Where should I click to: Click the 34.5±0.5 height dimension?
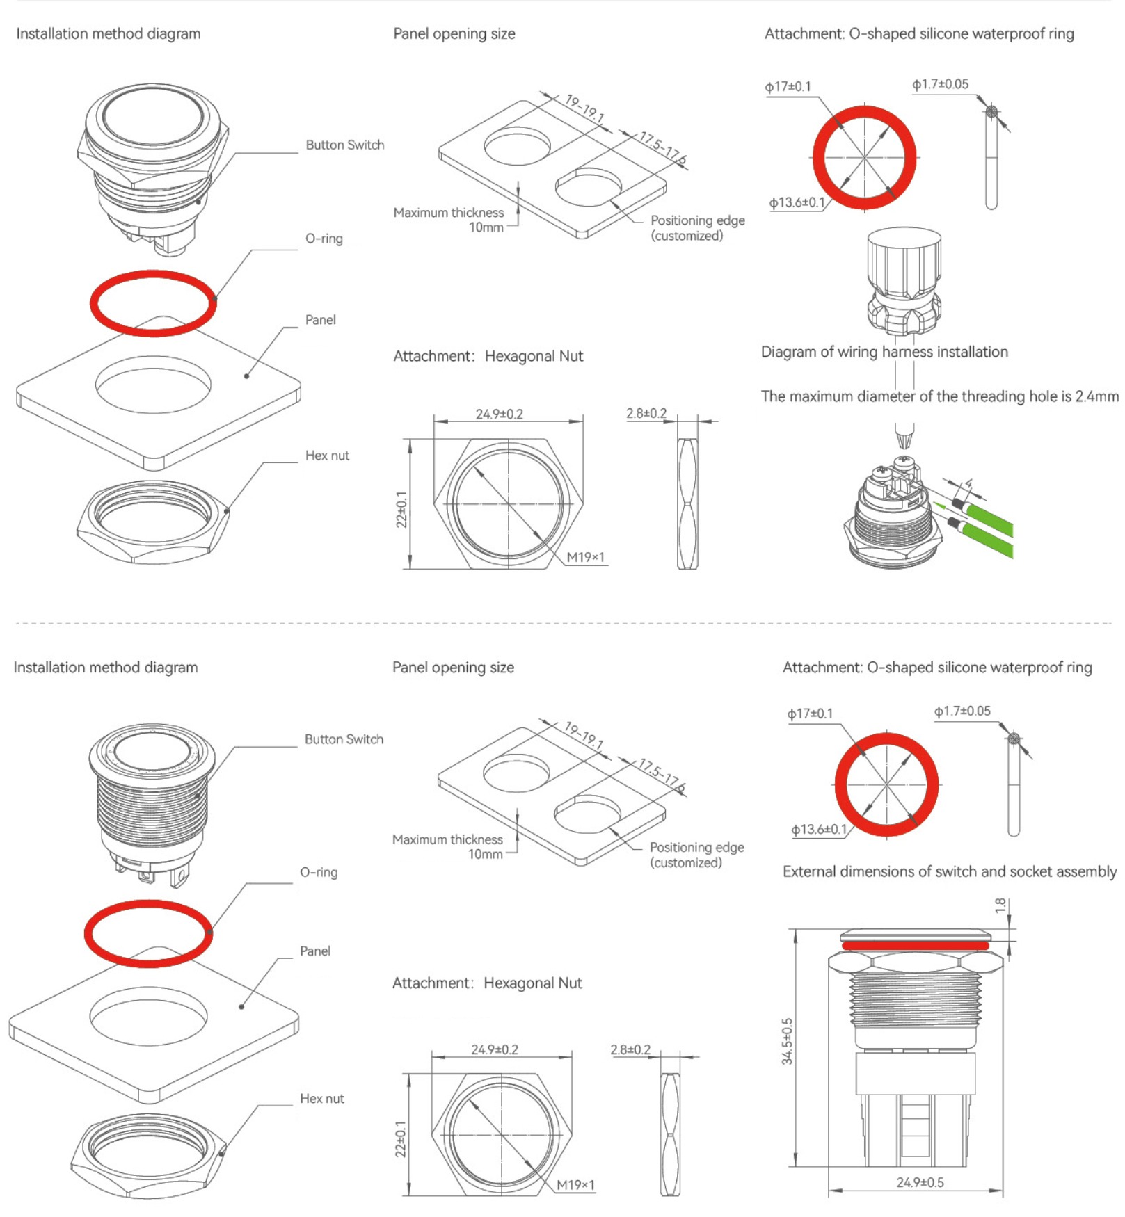point(787,1041)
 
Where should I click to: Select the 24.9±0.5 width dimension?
point(920,1182)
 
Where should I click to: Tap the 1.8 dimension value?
point(1000,905)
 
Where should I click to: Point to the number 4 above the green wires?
point(968,483)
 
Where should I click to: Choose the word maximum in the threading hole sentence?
point(819,396)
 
